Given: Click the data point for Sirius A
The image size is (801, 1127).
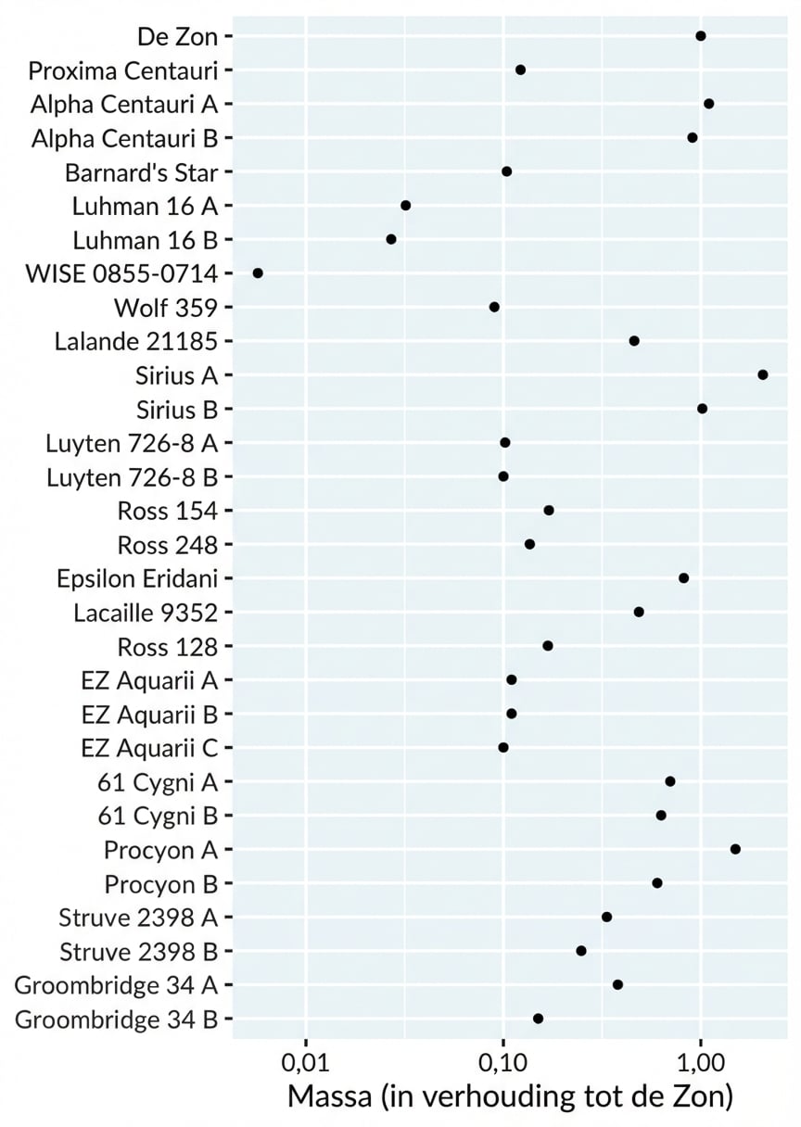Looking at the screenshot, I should coord(762,374).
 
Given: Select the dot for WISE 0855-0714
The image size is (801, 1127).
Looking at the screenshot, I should coord(258,273).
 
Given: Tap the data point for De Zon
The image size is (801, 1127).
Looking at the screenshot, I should coord(700,36).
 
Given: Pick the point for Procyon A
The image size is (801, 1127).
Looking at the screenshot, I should coord(735,849).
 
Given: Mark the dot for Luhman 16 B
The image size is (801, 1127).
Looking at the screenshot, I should coord(391,239).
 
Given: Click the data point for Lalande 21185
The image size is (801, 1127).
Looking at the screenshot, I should coord(634,341).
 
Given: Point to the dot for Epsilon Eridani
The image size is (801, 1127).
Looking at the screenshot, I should coord(683,578).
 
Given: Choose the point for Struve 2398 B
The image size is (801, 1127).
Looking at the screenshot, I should coord(581,951).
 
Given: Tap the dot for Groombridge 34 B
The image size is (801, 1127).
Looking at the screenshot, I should coord(538,1019).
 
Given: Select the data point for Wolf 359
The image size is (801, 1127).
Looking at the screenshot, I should coord(494,307).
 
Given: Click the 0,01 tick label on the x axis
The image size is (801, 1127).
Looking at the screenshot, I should coord(305,1059).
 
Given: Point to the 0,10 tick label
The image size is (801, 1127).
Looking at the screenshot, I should coord(502,1059).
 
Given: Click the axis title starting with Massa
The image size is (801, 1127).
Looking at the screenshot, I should coord(510,1096).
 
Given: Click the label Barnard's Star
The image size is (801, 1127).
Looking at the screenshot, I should coord(141,172).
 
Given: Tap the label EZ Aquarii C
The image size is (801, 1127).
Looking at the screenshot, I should coord(149,748).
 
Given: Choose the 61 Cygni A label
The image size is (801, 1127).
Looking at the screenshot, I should coord(157,782).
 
